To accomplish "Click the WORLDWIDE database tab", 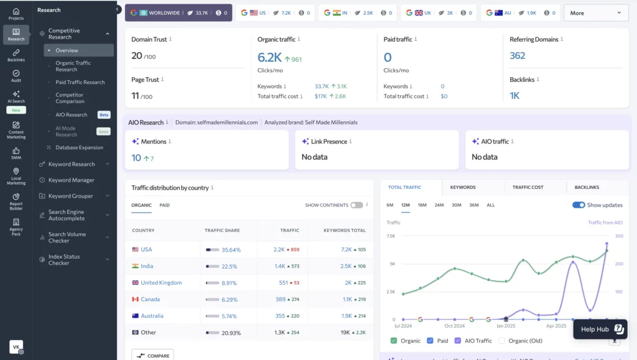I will (x=178, y=12).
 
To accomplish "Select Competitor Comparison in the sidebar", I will (x=70, y=98).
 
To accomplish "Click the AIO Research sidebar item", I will (x=72, y=115).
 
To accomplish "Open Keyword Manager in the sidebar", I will (x=72, y=180).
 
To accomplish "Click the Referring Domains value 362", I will (x=518, y=56).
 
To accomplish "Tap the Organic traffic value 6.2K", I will (x=270, y=58).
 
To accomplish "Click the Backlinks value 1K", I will (x=514, y=96).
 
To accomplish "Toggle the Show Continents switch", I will (x=356, y=205).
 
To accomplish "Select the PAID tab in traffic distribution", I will (x=164, y=205).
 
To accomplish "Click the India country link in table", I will (x=147, y=266).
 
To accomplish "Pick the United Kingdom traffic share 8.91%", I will (x=230, y=283).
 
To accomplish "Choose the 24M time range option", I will (x=439, y=205).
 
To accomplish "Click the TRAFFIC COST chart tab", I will (x=528, y=187).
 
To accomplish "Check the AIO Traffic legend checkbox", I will (x=458, y=341).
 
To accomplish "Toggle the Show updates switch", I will (x=579, y=205).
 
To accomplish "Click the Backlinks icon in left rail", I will (x=16, y=55).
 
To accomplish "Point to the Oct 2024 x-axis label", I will (x=455, y=326).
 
